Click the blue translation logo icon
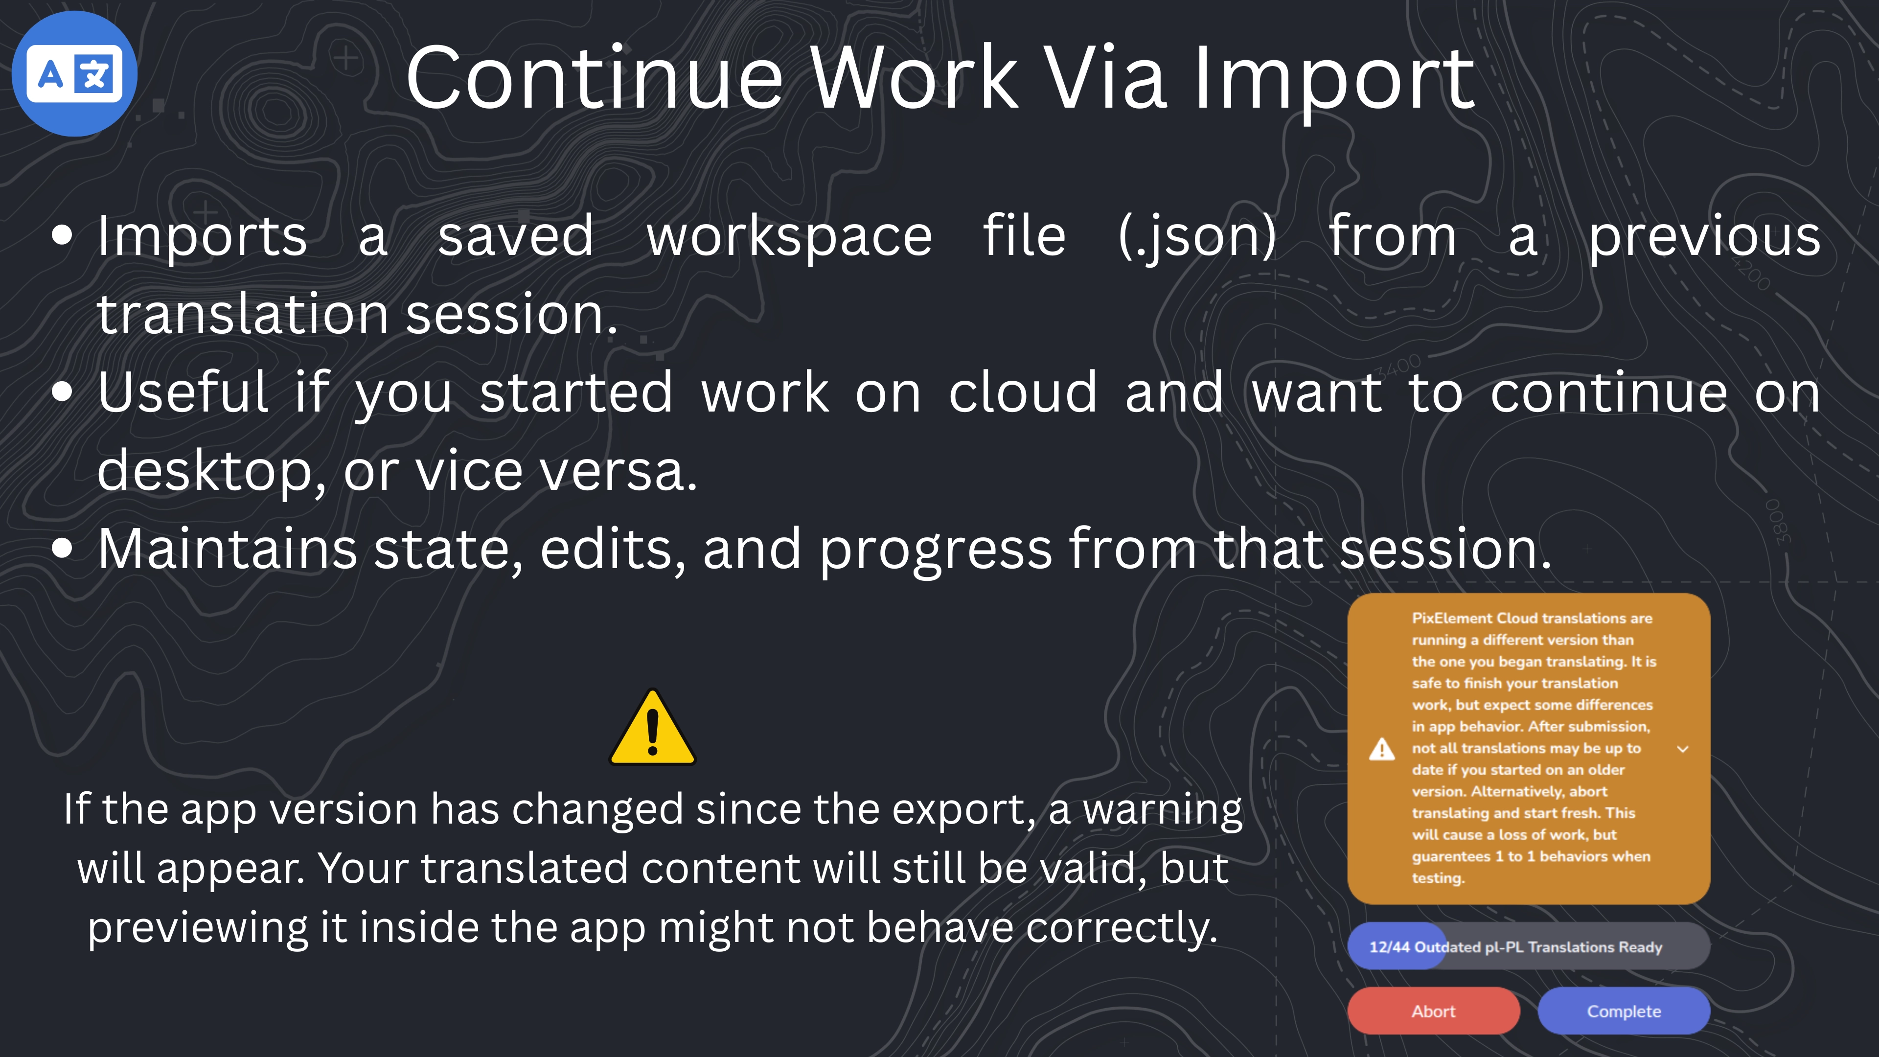click(74, 74)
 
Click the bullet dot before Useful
click(63, 391)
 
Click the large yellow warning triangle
click(652, 729)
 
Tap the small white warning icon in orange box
click(1381, 749)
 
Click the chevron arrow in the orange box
click(1683, 749)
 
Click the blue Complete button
click(1624, 1011)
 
